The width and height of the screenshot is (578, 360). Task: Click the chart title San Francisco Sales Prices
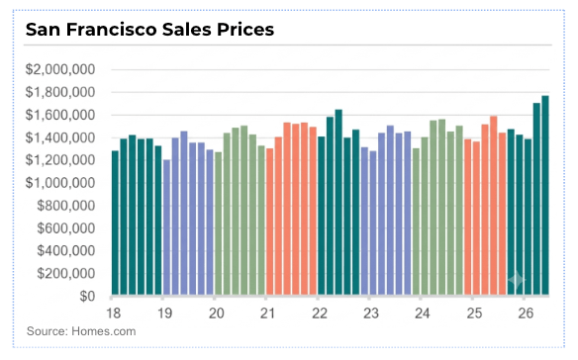pyautogui.click(x=149, y=29)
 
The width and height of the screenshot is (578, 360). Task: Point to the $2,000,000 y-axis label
pyautogui.click(x=60, y=69)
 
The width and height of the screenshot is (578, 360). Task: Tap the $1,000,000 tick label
pyautogui.click(x=60, y=183)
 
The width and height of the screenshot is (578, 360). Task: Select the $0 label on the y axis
pyautogui.click(x=87, y=297)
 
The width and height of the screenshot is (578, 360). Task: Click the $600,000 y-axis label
pyautogui.click(x=66, y=228)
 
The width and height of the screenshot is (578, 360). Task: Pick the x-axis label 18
pyautogui.click(x=114, y=314)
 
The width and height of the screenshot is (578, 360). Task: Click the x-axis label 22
pyautogui.click(x=320, y=314)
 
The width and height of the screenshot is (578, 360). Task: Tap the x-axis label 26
pyautogui.click(x=526, y=314)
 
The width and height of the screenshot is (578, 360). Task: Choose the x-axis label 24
pyautogui.click(x=423, y=314)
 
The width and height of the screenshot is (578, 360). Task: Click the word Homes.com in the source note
pyautogui.click(x=104, y=331)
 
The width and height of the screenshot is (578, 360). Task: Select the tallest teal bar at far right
pyautogui.click(x=545, y=195)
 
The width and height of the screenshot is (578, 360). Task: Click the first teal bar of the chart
pyautogui.click(x=116, y=223)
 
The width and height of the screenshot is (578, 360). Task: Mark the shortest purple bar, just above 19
pyautogui.click(x=166, y=227)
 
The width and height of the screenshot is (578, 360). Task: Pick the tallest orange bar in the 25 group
pyautogui.click(x=494, y=206)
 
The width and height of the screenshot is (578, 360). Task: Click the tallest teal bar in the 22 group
pyautogui.click(x=338, y=203)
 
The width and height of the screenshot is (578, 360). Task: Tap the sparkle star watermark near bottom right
pyautogui.click(x=517, y=280)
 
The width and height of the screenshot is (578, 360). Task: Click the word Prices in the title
pyautogui.click(x=245, y=29)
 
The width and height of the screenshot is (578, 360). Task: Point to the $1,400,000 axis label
pyautogui.click(x=60, y=137)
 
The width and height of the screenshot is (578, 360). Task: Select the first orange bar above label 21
pyautogui.click(x=270, y=222)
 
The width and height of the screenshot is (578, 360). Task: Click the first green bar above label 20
pyautogui.click(x=218, y=224)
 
